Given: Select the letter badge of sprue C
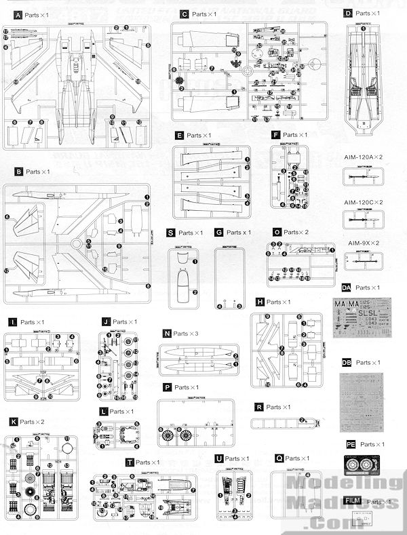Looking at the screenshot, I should pos(184,14).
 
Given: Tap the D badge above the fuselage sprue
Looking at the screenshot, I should pos(348,13).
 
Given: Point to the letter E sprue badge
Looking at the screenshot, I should pos(179,136).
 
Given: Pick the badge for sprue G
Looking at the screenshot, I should pos(218,233).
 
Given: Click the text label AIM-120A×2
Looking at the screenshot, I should pos(364,157).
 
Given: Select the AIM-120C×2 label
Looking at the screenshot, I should pos(364,202).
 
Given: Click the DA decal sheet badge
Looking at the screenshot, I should pos(347,288).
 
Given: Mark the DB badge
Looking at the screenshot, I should pos(347,363).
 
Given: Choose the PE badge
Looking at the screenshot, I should pos(350,444).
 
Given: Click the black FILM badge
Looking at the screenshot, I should pos(351,500).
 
